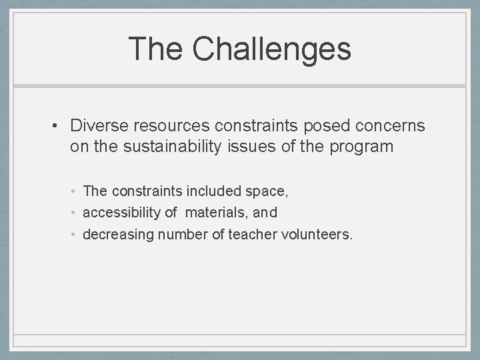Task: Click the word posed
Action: pos(317,126)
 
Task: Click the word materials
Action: pos(214,213)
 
